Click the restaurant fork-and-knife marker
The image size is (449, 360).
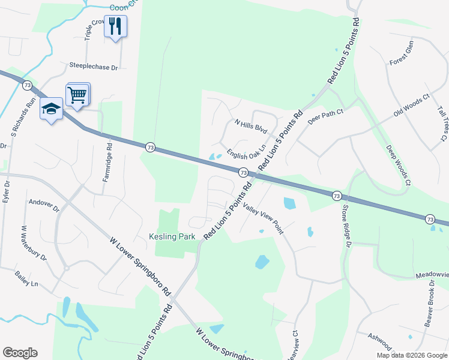[x=115, y=26]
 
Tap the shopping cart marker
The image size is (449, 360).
[x=78, y=94]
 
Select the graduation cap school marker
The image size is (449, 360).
[x=51, y=109]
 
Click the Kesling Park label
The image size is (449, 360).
[x=172, y=237]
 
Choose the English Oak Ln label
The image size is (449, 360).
[x=246, y=150]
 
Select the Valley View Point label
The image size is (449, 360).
[x=264, y=217]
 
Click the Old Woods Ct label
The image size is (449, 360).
[x=412, y=106]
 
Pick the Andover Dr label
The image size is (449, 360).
[x=44, y=206]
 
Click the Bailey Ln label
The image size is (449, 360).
[x=26, y=278]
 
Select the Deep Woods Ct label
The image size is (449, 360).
[x=399, y=164]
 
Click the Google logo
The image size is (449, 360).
[x=20, y=353]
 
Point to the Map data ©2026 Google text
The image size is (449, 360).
[x=411, y=355]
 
